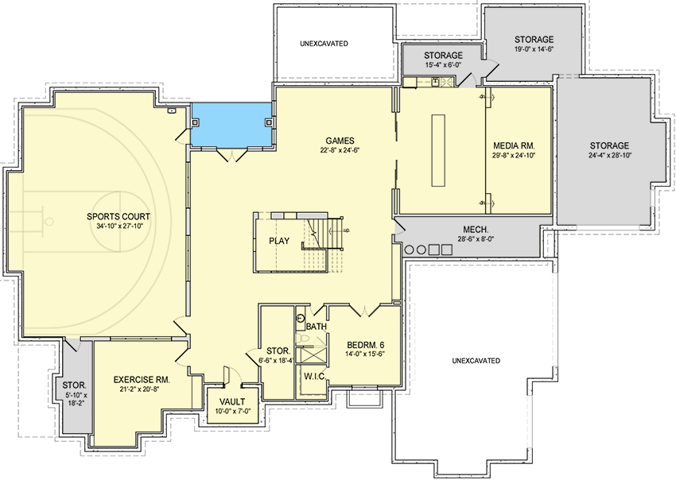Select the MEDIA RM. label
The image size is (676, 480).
pyautogui.click(x=514, y=145)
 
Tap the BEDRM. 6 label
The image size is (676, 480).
pyautogui.click(x=366, y=345)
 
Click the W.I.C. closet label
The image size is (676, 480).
pyautogui.click(x=313, y=377)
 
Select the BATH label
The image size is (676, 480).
pyautogui.click(x=316, y=327)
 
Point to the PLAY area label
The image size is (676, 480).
pyautogui.click(x=278, y=241)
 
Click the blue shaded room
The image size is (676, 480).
pyautogui.click(x=231, y=125)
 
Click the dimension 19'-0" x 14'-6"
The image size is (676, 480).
pyautogui.click(x=534, y=50)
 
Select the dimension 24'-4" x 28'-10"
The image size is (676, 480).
pyautogui.click(x=609, y=156)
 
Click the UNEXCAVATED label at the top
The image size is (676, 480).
pyautogui.click(x=324, y=43)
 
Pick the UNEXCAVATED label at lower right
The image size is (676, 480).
pyautogui.click(x=476, y=361)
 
